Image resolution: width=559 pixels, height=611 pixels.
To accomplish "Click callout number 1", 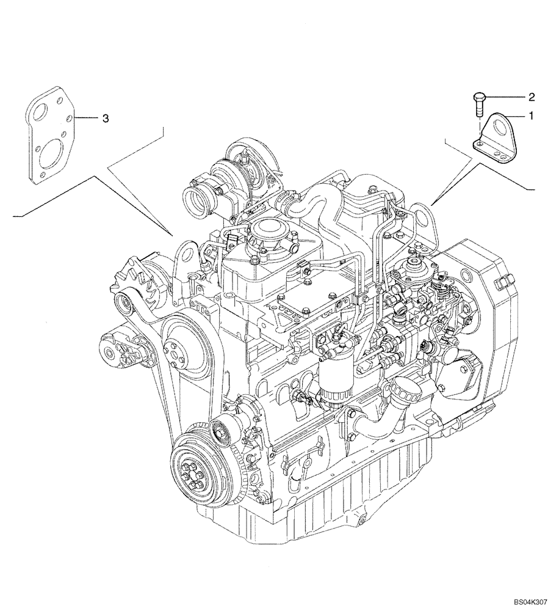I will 531,115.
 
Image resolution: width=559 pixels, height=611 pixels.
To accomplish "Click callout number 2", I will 531,97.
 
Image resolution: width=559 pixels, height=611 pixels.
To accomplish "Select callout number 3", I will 106,118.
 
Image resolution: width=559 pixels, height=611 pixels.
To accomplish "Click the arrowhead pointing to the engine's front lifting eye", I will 173,234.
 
